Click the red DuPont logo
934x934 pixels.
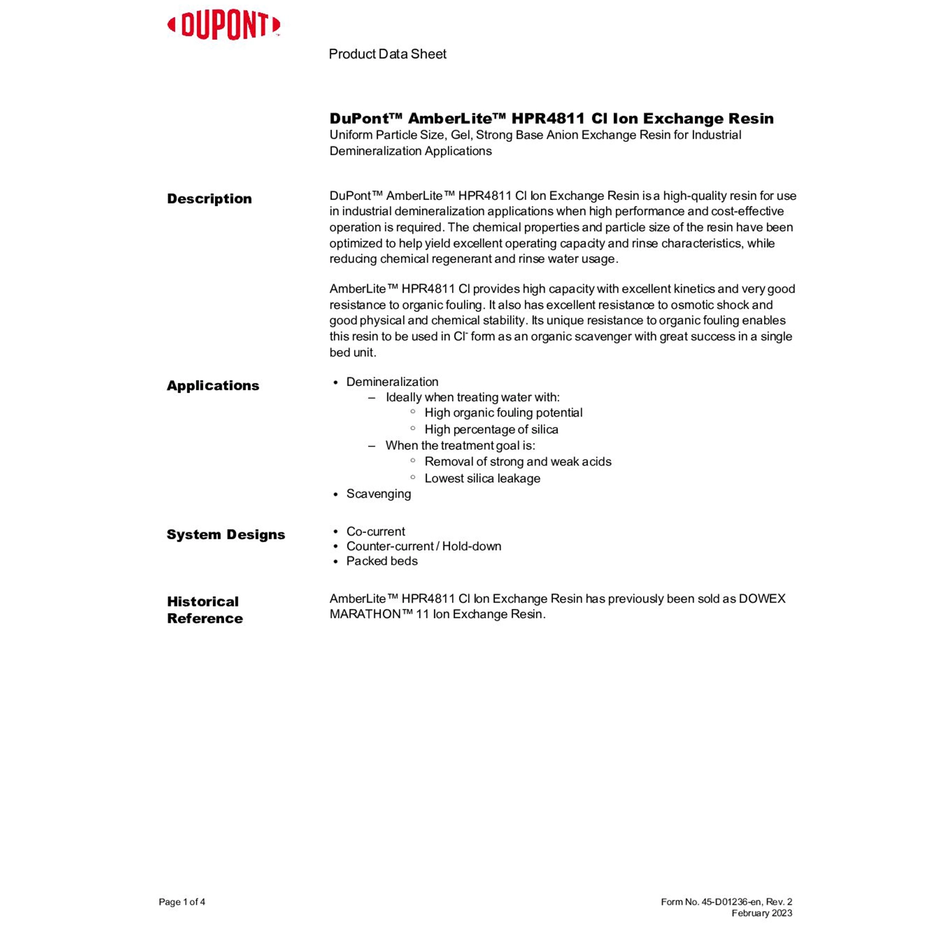(224, 26)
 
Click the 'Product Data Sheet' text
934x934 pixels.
(387, 54)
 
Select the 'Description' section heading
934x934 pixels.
(209, 199)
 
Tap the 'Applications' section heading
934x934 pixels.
(213, 385)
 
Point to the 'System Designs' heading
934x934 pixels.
(225, 534)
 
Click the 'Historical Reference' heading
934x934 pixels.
(204, 610)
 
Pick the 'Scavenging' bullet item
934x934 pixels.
(379, 494)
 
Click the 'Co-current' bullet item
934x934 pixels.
(375, 531)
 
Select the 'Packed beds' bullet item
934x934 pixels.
(382, 561)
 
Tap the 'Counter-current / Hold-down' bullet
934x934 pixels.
(423, 546)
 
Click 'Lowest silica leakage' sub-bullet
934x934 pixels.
(482, 478)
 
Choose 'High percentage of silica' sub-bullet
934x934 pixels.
(491, 429)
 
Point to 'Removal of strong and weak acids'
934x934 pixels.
(517, 461)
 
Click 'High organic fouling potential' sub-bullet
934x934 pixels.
(503, 412)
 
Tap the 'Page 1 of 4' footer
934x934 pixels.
(182, 902)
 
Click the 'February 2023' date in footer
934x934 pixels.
(762, 913)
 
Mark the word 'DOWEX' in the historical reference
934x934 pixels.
(762, 598)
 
